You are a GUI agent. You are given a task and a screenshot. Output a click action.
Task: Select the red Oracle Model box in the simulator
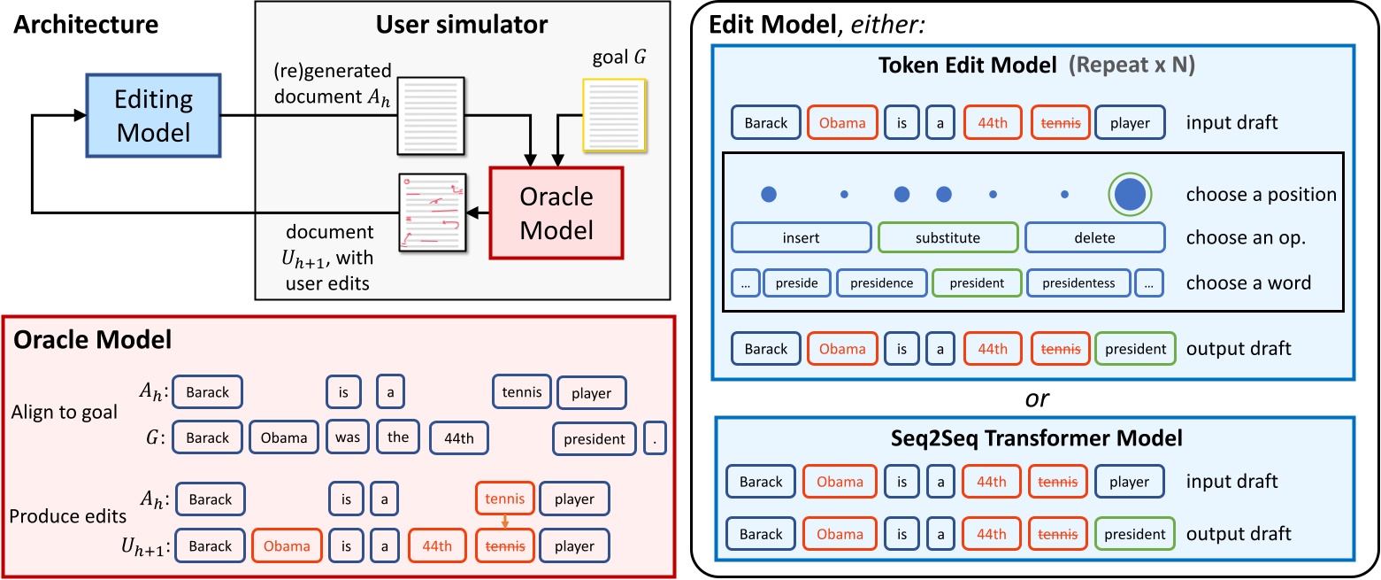point(556,213)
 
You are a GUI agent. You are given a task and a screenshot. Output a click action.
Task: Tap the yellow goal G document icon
point(614,116)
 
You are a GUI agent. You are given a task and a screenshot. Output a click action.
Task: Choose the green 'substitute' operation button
point(948,237)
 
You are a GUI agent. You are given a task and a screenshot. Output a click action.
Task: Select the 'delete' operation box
point(1094,237)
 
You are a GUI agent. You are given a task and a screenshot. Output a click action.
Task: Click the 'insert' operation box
point(801,237)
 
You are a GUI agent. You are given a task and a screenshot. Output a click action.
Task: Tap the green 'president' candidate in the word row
point(976,284)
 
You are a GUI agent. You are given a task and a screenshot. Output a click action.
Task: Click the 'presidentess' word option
point(1078,284)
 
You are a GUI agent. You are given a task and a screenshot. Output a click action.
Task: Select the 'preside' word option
point(796,284)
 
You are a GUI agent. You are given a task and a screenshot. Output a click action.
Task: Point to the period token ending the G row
point(654,438)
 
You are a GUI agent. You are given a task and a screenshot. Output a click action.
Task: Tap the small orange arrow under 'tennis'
point(505,522)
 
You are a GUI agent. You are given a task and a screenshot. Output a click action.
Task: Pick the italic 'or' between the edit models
point(1036,398)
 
